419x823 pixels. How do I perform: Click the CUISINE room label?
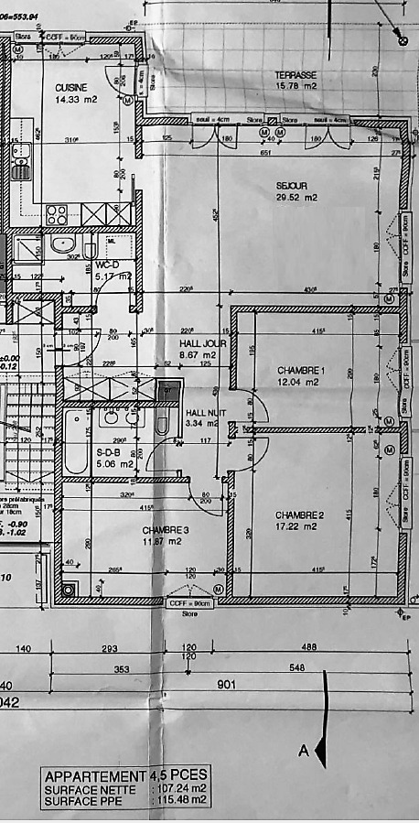[58, 87]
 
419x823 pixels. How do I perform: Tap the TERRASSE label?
[295, 75]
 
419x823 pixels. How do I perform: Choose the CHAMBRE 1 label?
[302, 371]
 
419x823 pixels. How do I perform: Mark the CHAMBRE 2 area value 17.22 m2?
[301, 528]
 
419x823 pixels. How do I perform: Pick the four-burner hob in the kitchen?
[57, 215]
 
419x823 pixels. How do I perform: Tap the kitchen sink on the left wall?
[18, 165]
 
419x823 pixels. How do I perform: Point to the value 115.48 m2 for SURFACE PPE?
[180, 799]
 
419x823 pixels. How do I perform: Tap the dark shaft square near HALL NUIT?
[165, 393]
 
